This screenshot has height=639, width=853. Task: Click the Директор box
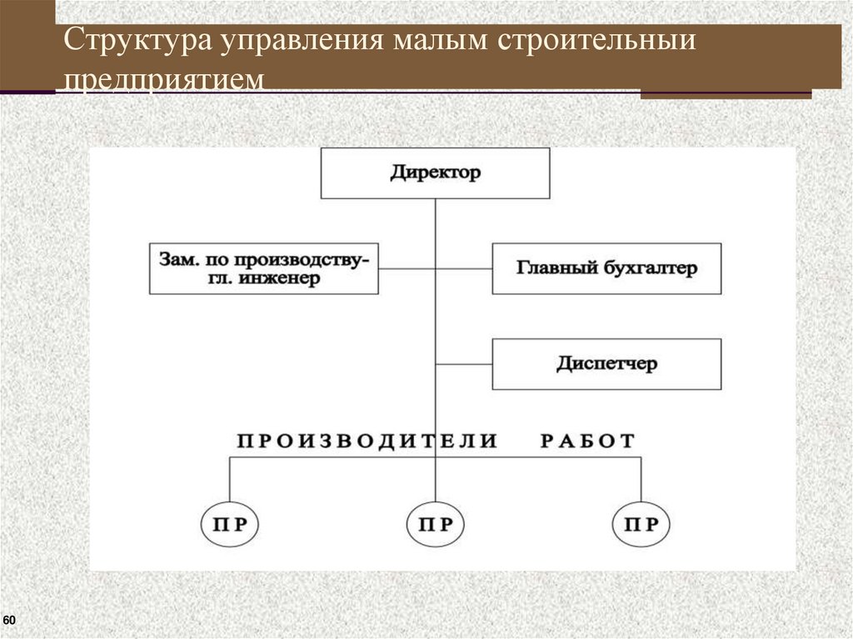coord(435,173)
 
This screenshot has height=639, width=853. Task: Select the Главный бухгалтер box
coord(606,268)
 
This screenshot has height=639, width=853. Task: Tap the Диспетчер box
coord(606,364)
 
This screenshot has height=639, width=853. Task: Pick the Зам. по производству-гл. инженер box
coord(263,268)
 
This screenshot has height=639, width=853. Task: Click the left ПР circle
coord(230,525)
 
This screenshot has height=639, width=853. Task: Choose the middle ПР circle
coord(436,525)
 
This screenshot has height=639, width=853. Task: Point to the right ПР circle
coord(641,525)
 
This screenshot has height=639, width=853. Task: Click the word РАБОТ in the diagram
coord(587,441)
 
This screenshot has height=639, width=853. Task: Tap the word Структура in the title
coord(138,42)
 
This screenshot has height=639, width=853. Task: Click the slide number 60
coord(9,622)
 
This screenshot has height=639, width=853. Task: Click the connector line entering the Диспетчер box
coord(464,364)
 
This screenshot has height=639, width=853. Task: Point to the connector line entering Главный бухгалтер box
coord(464,268)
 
